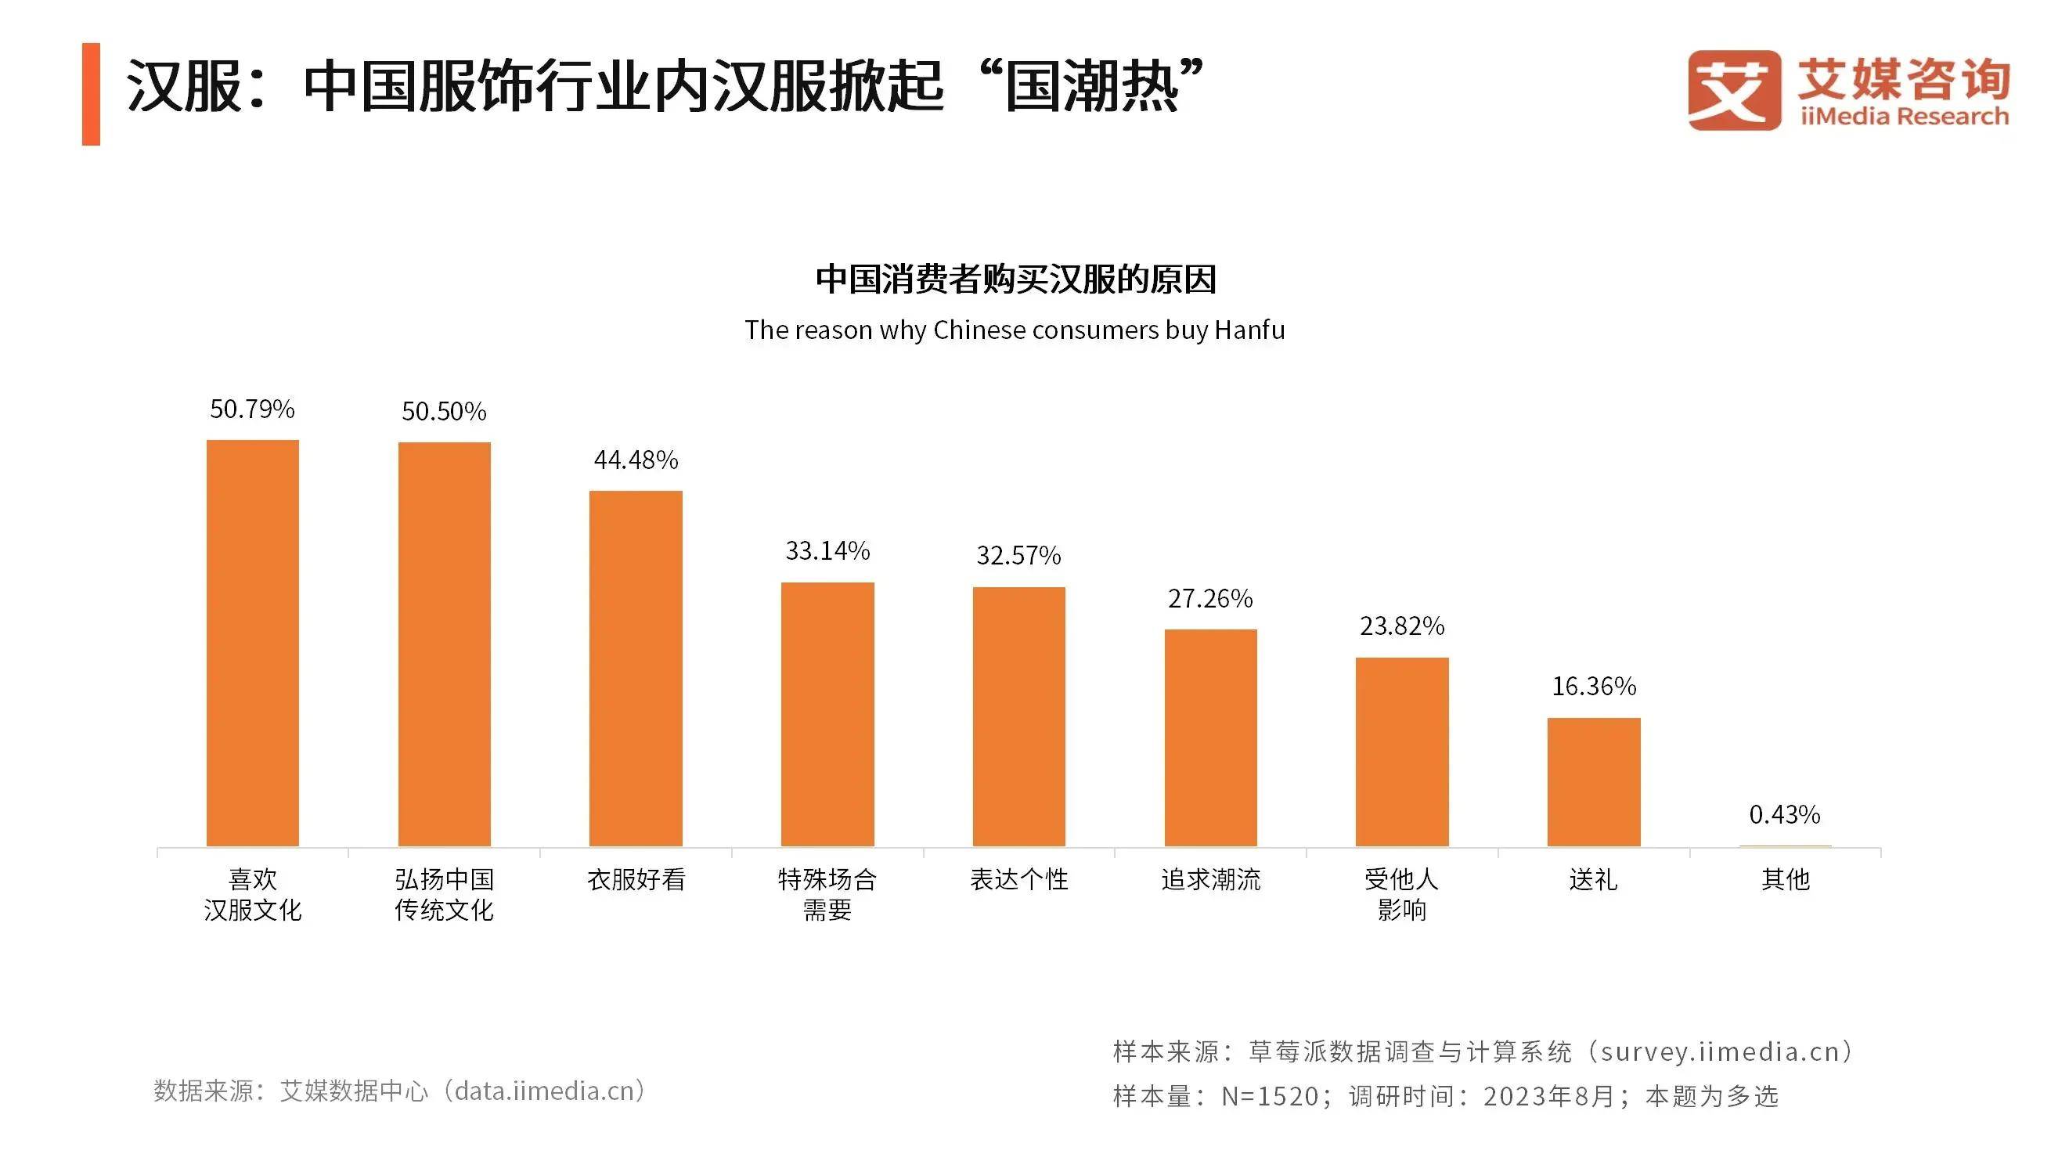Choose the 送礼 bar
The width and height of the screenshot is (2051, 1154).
(1593, 781)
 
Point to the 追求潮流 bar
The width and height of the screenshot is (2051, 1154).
(1210, 737)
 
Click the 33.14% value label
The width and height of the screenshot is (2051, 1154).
(827, 550)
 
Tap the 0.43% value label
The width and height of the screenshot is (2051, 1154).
(1784, 814)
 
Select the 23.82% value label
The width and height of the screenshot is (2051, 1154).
(1401, 626)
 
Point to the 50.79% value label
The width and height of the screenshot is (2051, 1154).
(252, 409)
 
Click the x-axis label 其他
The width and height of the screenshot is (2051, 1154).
(1785, 879)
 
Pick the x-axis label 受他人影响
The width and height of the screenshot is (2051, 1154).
(1401, 893)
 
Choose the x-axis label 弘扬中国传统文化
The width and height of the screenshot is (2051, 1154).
(445, 893)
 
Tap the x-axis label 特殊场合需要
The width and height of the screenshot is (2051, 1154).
(827, 893)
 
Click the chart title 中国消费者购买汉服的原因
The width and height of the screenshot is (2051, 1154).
(1016, 279)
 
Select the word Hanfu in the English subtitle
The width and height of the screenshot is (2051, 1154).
(1249, 330)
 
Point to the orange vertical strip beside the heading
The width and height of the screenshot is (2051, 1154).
(91, 94)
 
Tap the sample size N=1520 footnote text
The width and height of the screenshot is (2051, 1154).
(1271, 1096)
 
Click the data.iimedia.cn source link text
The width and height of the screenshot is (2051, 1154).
(545, 1091)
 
